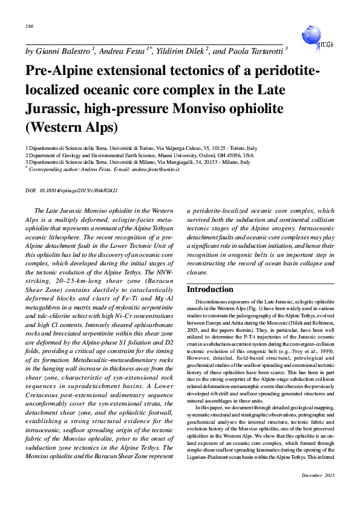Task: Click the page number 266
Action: coord(29,26)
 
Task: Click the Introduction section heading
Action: coord(210,290)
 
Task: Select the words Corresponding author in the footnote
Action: coord(53,170)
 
